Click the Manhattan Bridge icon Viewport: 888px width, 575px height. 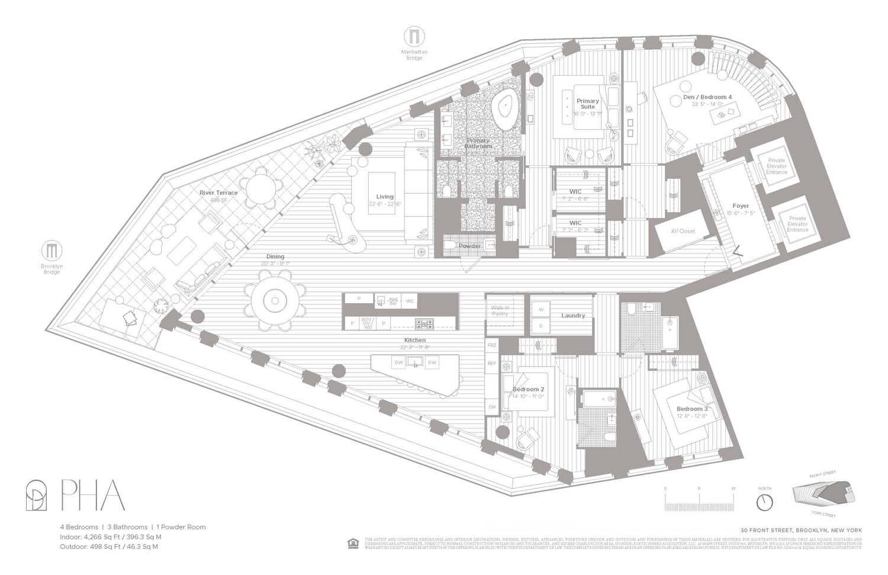coord(414,37)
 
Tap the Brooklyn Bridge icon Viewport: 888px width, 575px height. coord(52,250)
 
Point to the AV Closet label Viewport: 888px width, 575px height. coord(683,231)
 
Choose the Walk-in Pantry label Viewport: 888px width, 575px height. coord(500,311)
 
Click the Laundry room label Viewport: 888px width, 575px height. coord(573,316)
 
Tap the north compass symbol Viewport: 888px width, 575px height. coord(764,502)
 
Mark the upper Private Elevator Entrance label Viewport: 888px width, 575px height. coord(777,166)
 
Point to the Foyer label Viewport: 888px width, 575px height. coord(741,206)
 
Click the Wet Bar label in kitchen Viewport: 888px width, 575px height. coord(392,301)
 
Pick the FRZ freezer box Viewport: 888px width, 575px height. coord(491,345)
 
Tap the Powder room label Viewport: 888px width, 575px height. coord(470,246)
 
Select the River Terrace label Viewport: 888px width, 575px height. coord(218,193)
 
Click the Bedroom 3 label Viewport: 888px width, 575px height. coord(692,409)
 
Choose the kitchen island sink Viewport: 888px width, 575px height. coord(415,362)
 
